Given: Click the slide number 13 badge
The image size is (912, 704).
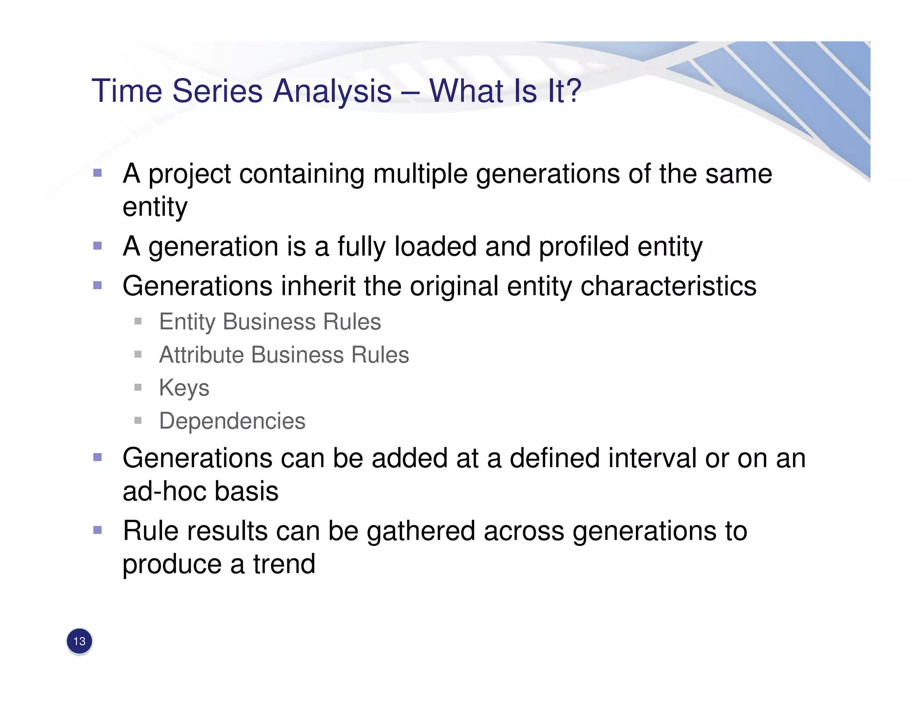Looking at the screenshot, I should [79, 641].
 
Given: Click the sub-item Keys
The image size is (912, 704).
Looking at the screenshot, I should [184, 388].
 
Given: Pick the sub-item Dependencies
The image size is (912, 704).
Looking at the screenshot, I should [232, 421].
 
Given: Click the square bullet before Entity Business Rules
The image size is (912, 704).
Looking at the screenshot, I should [138, 321].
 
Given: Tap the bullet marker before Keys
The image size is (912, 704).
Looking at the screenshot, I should [138, 388].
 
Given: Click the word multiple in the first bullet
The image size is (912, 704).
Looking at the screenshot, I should [420, 174].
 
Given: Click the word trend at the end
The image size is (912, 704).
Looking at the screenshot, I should [284, 564].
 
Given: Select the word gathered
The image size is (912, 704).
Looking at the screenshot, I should [421, 531].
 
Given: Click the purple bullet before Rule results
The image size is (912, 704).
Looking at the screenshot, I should [98, 530].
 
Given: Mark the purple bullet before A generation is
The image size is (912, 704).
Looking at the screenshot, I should [98, 246].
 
